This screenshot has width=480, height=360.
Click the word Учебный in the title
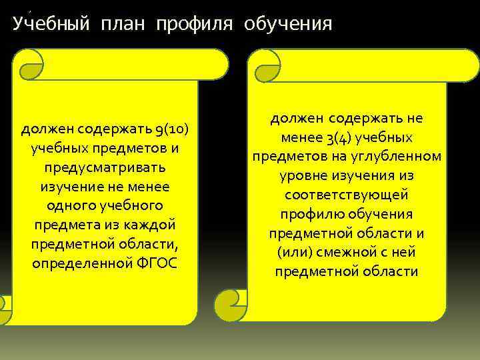click(x=52, y=25)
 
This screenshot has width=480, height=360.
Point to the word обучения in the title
click(x=288, y=25)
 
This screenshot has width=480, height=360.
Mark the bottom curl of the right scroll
click(x=233, y=307)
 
